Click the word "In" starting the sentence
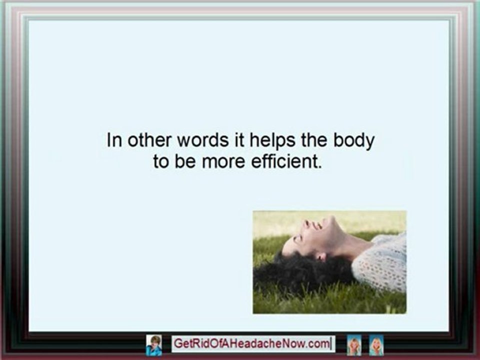click(113, 140)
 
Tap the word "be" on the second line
click(186, 162)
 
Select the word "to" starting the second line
click(161, 163)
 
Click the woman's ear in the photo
click(321, 256)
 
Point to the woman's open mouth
click(317, 225)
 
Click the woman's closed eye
click(298, 238)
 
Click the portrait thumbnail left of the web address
click(154, 345)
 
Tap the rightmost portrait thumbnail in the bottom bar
click(376, 345)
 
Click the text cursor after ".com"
click(330, 344)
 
